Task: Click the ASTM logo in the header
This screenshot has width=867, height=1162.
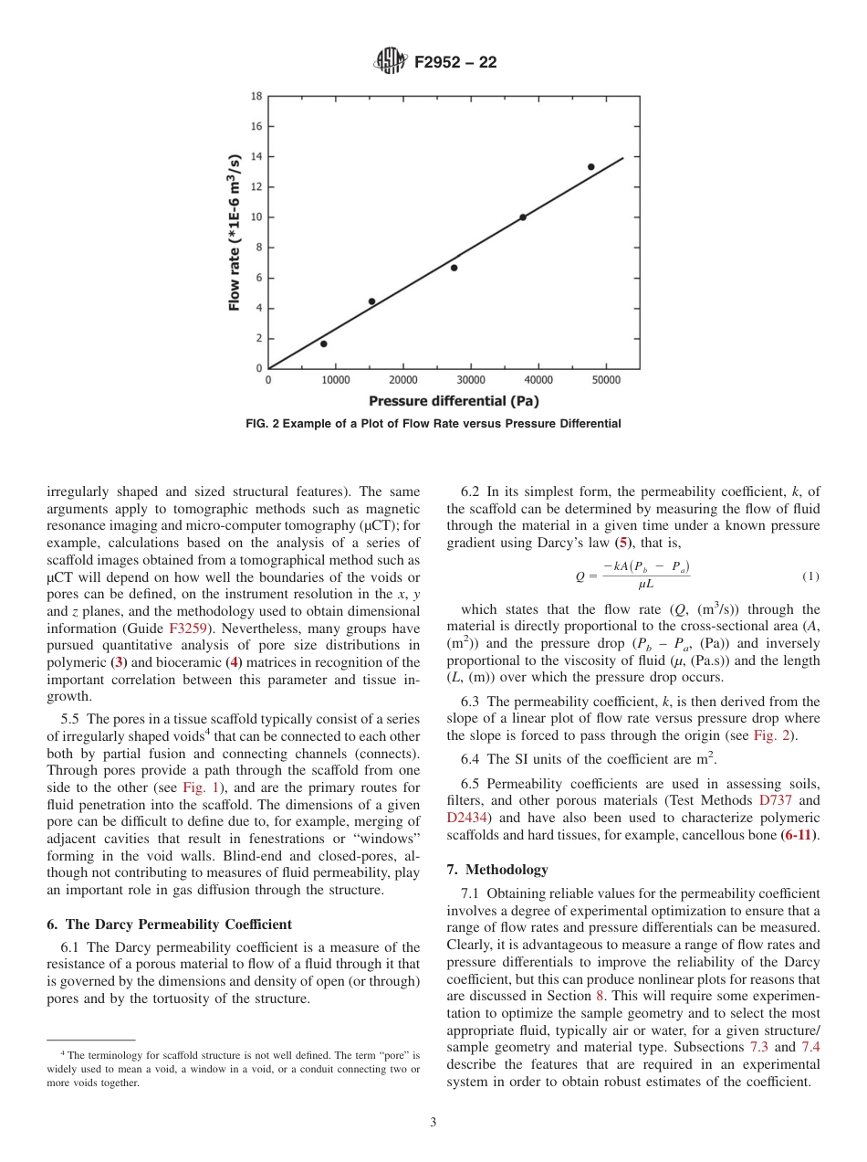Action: click(x=392, y=62)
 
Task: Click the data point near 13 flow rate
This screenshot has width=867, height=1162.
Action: click(x=590, y=167)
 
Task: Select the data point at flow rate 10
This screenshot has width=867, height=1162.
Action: click(x=523, y=217)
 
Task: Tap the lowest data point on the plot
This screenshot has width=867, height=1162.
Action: click(x=323, y=344)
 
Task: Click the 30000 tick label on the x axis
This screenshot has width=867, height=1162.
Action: click(x=471, y=380)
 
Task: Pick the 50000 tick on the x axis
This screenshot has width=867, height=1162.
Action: click(x=606, y=380)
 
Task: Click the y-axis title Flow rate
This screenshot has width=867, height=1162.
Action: click(x=235, y=232)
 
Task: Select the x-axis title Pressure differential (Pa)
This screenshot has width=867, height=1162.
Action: click(x=454, y=401)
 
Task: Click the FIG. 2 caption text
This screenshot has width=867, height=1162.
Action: click(x=433, y=424)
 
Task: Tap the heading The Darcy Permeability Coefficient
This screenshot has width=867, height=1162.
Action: click(x=170, y=924)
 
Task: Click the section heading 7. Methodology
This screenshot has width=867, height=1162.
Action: click(x=497, y=869)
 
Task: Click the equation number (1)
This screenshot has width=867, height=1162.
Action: click(x=810, y=576)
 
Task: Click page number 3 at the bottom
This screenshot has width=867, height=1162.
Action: click(x=433, y=1123)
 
